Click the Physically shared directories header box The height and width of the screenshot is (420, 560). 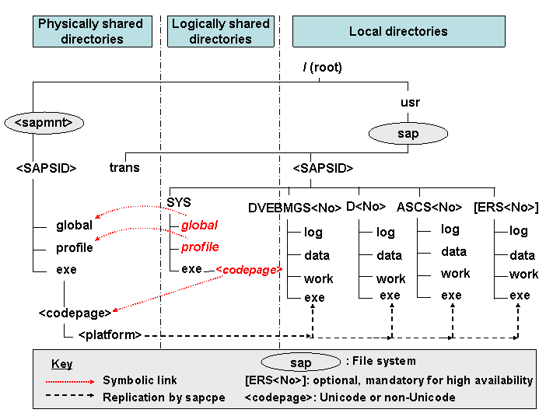92,31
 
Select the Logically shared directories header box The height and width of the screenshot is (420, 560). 220,31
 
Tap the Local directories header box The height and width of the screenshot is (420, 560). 398,31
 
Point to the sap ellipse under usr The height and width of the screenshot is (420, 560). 408,134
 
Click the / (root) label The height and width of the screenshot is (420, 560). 322,68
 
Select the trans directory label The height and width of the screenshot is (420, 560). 124,167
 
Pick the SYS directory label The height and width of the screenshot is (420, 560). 179,203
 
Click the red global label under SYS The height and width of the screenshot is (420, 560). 200,226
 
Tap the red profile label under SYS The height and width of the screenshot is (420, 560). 200,247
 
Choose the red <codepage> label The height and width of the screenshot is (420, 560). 248,270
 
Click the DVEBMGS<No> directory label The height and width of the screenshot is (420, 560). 295,208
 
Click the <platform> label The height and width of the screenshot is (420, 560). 110,335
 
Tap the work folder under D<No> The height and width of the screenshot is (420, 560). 390,278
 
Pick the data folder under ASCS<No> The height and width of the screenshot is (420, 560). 454,252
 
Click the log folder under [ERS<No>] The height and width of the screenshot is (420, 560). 519,231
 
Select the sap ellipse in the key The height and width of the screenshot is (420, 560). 300,363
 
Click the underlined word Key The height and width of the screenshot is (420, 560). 61,364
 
